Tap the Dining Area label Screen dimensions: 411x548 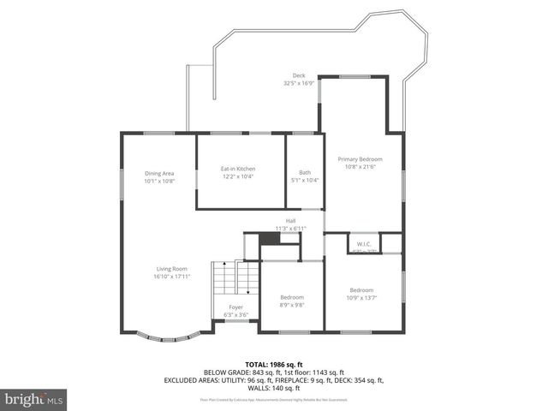click(159, 174)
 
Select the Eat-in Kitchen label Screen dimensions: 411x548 click(239, 169)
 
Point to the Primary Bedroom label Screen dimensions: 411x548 click(360, 159)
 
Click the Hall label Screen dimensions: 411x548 click(290, 221)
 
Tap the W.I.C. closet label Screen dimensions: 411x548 click(362, 242)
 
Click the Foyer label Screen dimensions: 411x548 click(235, 307)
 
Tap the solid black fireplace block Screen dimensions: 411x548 click(270, 239)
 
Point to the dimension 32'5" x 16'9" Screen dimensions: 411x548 click(299, 84)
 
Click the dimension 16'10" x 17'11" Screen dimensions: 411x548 click(171, 276)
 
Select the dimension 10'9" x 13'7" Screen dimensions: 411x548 click(360, 296)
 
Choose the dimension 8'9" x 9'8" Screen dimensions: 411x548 click(291, 304)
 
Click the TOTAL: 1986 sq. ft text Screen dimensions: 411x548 click(273, 365)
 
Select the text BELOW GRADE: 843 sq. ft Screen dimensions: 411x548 click(236, 372)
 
